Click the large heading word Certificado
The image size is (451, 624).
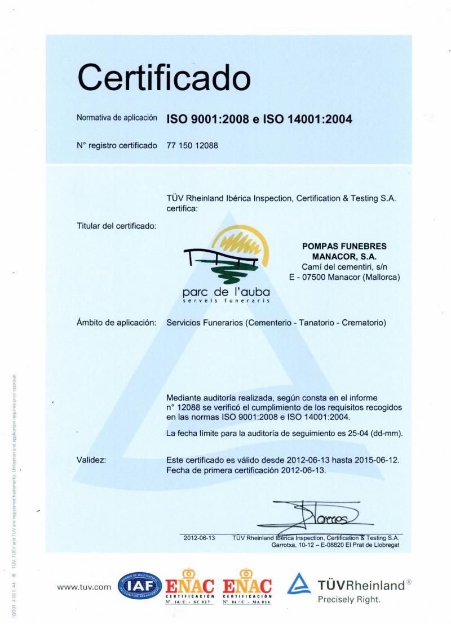pos(163,78)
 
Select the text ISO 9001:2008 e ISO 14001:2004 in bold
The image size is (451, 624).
pos(259,119)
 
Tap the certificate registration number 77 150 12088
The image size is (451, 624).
pos(192,145)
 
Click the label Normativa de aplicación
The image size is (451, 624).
pos(117,118)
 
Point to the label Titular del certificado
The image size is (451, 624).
pos(116,226)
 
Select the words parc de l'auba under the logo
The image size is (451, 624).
pos(226,292)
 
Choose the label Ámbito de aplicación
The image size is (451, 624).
pos(116,323)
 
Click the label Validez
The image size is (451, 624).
pos(91,460)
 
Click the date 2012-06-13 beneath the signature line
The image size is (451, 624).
pos(200,538)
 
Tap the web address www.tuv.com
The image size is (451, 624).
pos(85,587)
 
